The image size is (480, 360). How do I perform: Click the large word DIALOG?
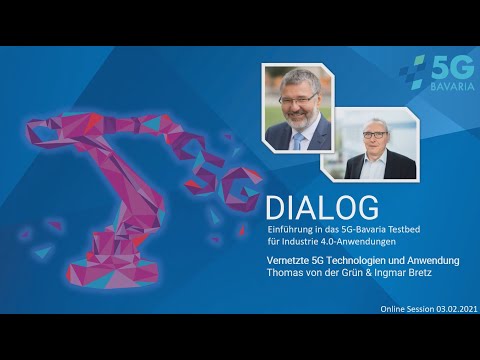321,208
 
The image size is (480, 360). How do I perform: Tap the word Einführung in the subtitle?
291,229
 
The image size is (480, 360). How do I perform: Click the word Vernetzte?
290,261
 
